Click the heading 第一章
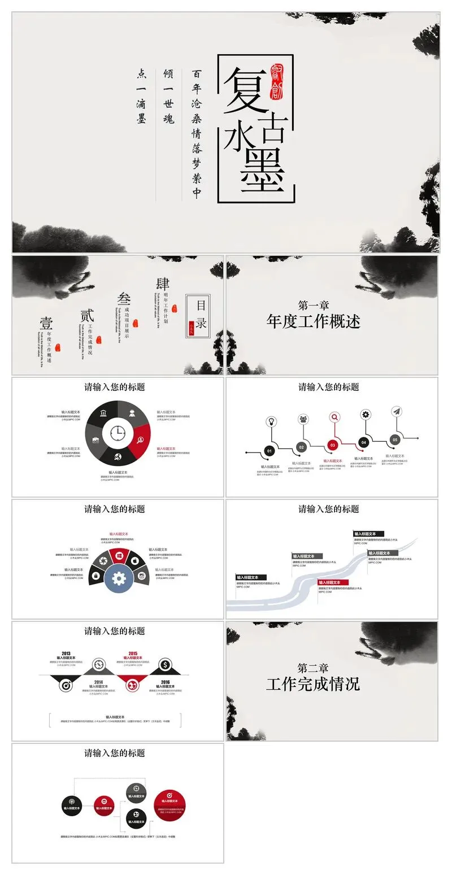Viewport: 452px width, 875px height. (x=314, y=306)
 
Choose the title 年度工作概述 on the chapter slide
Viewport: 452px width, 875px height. (x=313, y=322)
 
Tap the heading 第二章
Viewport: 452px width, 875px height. (x=313, y=668)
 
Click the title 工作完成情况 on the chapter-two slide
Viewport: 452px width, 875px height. (x=313, y=684)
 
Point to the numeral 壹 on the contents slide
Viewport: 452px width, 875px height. (x=46, y=323)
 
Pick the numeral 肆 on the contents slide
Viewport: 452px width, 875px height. (x=163, y=284)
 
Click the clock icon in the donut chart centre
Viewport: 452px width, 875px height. (x=118, y=433)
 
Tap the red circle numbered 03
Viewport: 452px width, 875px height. (x=333, y=445)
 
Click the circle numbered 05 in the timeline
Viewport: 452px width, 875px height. (x=395, y=439)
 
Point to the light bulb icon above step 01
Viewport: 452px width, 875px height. (x=271, y=421)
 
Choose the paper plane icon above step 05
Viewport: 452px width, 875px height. (x=397, y=411)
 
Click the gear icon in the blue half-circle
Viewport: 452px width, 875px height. (x=119, y=578)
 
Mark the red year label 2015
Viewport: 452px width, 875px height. (x=133, y=654)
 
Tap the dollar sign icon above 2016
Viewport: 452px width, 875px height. (x=165, y=664)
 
